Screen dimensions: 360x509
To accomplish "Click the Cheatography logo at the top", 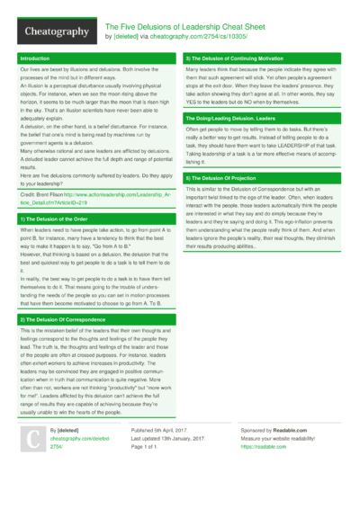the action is (55, 31).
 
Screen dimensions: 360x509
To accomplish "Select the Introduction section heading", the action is (36, 58).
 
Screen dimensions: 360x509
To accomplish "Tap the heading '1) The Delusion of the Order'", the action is (54, 219).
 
